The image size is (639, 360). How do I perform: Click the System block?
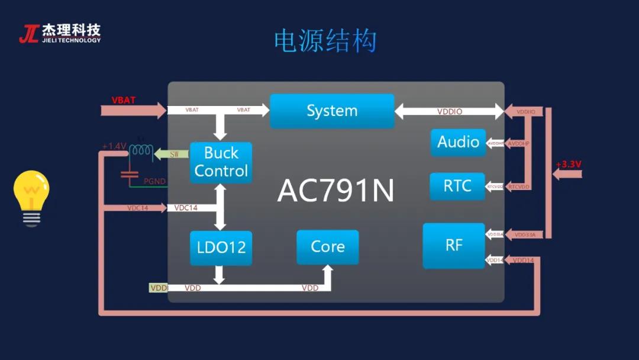tap(332, 111)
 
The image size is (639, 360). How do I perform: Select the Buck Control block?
tap(221, 162)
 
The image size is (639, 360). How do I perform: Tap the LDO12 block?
tap(221, 247)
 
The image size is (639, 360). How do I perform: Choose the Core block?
tap(327, 247)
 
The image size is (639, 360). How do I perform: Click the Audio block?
tap(458, 142)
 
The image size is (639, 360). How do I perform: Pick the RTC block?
tap(457, 186)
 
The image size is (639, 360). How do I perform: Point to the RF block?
tap(454, 246)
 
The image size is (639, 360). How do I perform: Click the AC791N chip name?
tap(335, 191)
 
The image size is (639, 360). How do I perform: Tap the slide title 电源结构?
tap(325, 41)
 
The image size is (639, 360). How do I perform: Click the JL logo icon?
tap(28, 34)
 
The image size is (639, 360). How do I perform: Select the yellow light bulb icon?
tap(31, 197)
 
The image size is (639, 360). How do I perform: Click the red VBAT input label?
tap(124, 100)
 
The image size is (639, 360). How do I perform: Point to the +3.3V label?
tap(568, 164)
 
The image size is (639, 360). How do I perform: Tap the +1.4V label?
tap(114, 146)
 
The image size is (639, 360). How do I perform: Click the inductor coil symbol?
tap(141, 151)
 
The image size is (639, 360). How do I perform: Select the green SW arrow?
tap(172, 155)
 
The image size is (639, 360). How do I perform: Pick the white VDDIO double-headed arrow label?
tap(450, 111)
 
